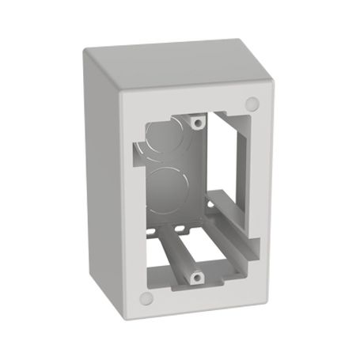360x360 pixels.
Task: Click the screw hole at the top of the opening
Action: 195,122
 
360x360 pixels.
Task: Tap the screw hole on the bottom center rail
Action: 197,276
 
